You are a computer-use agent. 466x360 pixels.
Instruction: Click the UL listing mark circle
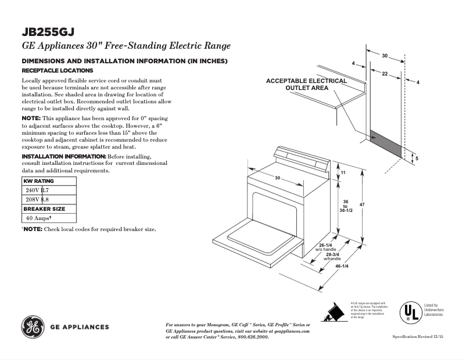[x=410, y=313]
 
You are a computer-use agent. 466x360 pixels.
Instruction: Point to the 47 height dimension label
[x=362, y=205]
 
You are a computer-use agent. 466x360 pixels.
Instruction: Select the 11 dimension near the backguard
[x=343, y=173]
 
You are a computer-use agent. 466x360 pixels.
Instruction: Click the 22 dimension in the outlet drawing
[x=385, y=74]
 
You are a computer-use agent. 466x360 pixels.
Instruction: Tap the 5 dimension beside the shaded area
[x=417, y=158]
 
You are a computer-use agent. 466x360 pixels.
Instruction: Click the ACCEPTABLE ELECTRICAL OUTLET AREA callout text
[x=306, y=84]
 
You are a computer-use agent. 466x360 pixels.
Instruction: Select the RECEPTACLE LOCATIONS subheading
[x=53, y=70]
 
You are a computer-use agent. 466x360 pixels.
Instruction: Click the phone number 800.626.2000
[x=252, y=337]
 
